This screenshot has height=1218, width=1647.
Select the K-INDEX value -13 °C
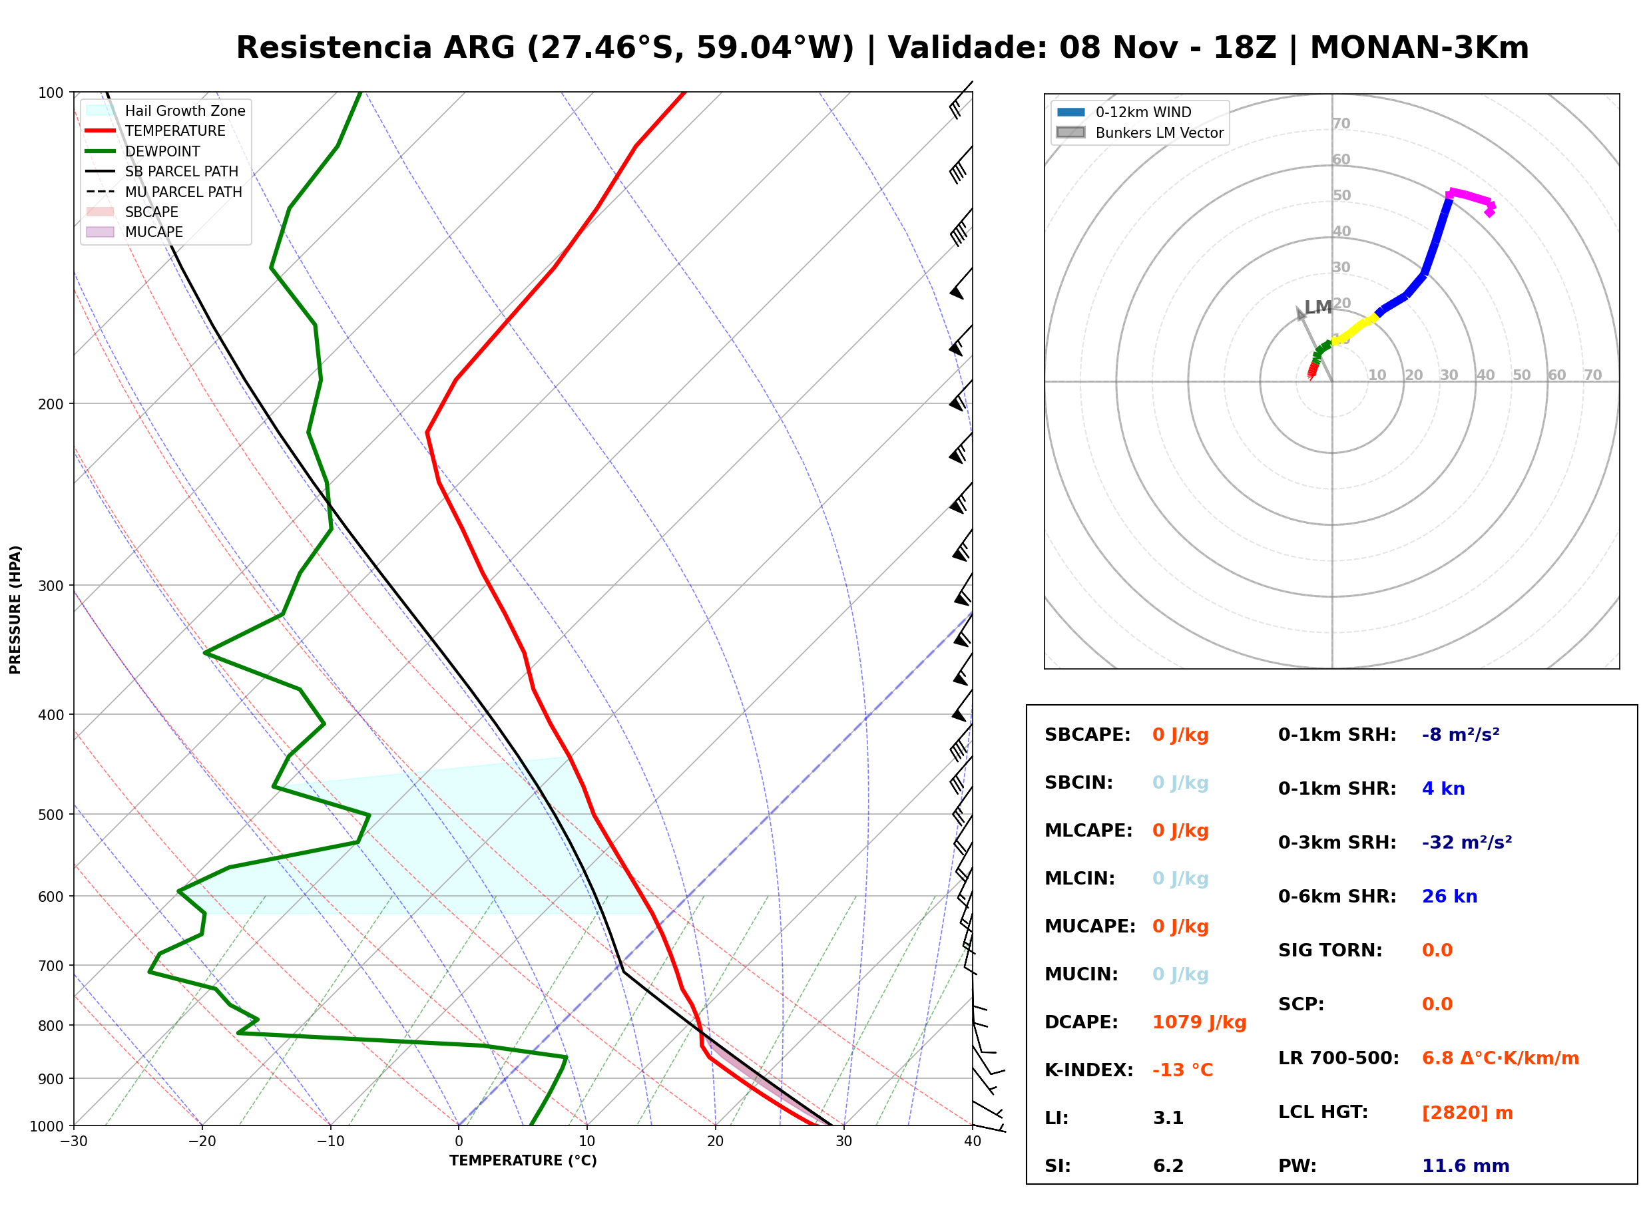point(1182,1070)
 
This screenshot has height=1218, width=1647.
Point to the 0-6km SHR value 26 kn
point(1449,897)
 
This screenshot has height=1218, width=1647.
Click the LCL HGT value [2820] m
point(1467,1113)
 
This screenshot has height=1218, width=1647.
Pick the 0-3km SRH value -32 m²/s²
point(1467,842)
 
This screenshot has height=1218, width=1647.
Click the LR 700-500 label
point(1338,1059)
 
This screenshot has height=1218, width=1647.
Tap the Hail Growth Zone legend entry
point(166,110)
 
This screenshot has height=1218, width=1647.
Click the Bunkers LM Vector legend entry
point(1140,132)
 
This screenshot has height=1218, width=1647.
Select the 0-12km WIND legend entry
point(1124,112)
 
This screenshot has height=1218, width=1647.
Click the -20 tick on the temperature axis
point(202,1141)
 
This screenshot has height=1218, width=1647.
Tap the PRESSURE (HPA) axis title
point(15,610)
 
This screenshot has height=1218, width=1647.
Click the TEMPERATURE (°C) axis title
point(523,1161)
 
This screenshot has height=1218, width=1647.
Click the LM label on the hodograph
point(1318,307)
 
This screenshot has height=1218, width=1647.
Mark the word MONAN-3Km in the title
point(1419,48)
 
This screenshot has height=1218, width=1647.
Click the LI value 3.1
point(1168,1118)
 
